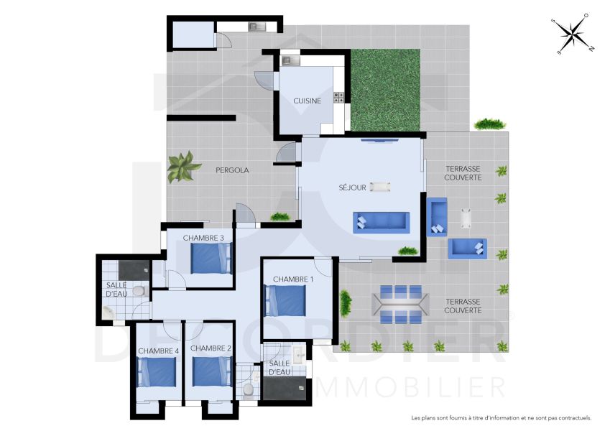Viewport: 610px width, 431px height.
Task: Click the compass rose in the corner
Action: [573, 34]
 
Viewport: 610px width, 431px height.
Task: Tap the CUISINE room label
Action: [307, 101]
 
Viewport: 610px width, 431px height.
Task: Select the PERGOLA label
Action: [232, 170]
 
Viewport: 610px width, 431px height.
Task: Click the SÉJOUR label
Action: [353, 187]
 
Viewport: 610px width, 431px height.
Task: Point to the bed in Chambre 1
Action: [286, 300]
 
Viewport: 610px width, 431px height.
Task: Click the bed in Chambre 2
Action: [212, 372]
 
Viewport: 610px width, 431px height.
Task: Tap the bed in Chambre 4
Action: [157, 372]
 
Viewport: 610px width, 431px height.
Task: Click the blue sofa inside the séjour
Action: [382, 221]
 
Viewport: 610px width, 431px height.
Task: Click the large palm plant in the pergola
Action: [183, 167]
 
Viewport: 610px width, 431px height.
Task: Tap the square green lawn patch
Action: [384, 89]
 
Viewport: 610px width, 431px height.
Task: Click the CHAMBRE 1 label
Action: [293, 279]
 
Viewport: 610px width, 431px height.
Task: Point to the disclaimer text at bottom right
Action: [501, 417]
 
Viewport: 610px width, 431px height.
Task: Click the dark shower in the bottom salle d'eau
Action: [285, 388]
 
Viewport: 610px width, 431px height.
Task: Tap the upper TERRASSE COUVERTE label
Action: [463, 173]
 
